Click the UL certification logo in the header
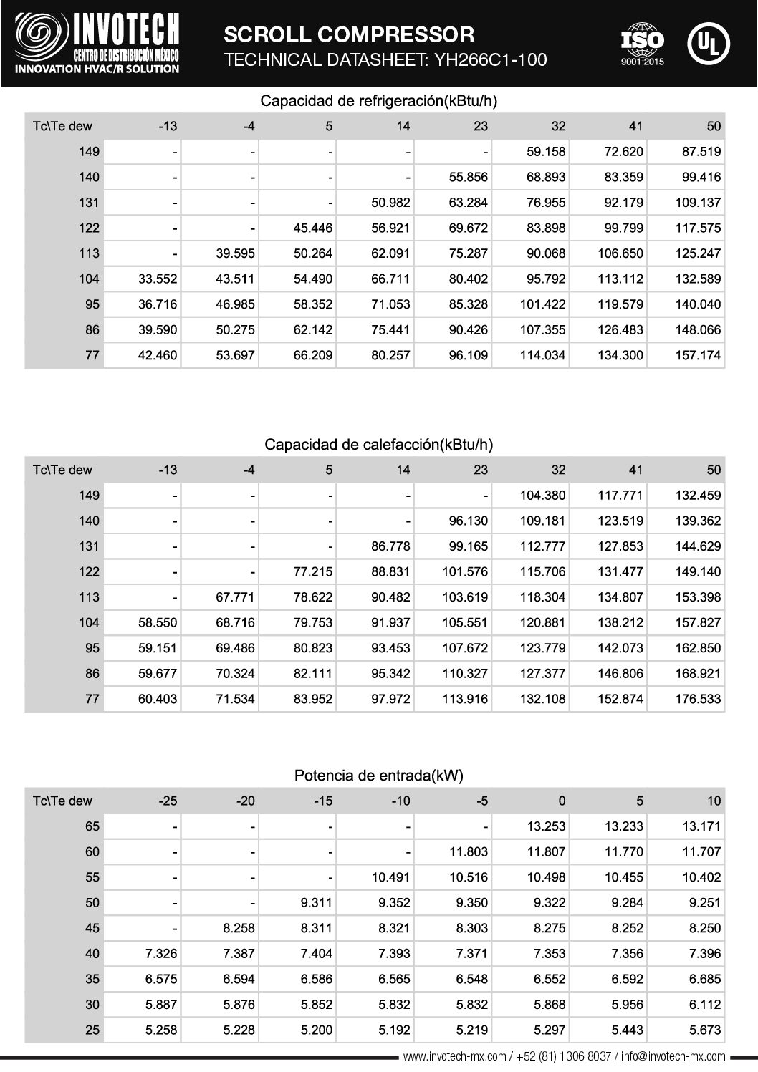coord(708,44)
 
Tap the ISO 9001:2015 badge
coord(642,44)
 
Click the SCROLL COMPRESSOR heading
coord(349,34)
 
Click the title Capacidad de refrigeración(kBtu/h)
coord(378,101)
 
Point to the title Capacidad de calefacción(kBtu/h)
coord(378,445)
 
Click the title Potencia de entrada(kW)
coord(378,776)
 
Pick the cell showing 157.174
coord(698,355)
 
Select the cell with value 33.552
coord(158,279)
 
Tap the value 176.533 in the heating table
coord(698,699)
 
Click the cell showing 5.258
coord(161,1030)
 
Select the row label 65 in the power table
coord(92,826)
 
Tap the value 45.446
coord(313,228)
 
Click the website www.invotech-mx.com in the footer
coord(456,1056)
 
